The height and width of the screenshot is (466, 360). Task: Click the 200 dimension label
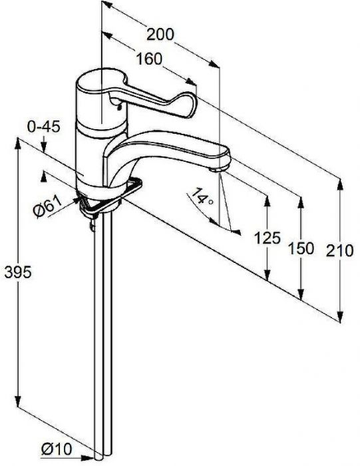pyautogui.click(x=160, y=35)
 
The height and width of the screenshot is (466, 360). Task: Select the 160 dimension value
pyautogui.click(x=149, y=59)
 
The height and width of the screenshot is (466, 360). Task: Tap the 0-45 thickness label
pyautogui.click(x=44, y=127)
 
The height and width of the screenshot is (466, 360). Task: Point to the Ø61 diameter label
pyautogui.click(x=47, y=206)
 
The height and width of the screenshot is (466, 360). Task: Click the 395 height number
pyautogui.click(x=18, y=272)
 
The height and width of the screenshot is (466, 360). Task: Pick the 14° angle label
pyautogui.click(x=202, y=197)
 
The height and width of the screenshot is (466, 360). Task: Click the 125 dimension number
pyautogui.click(x=268, y=238)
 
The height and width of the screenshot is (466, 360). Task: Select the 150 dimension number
pyautogui.click(x=301, y=248)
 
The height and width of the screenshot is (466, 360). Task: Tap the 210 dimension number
pyautogui.click(x=340, y=250)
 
